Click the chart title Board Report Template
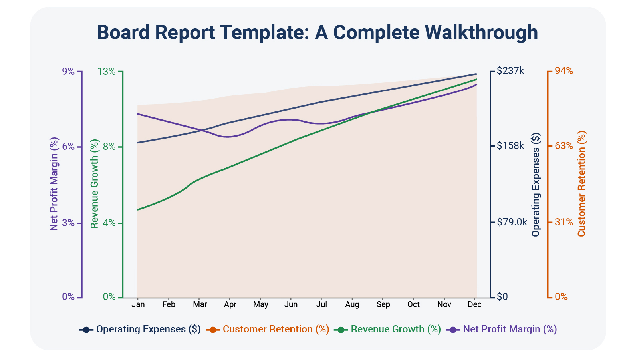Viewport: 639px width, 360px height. click(x=317, y=32)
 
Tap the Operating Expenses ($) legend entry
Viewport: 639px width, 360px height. click(x=141, y=329)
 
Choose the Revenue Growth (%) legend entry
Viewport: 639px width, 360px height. click(x=388, y=329)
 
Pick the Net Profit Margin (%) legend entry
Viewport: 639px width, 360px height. click(x=502, y=329)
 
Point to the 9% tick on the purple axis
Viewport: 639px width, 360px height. click(x=68, y=71)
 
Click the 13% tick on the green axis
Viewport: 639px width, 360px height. click(x=106, y=71)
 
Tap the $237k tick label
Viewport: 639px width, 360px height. click(x=510, y=71)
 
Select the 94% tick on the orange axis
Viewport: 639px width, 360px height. click(x=564, y=71)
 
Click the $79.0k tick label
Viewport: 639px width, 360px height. click(x=512, y=222)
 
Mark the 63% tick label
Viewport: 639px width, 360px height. click(x=564, y=146)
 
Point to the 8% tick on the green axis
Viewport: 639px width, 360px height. click(x=109, y=147)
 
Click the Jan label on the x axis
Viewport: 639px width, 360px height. click(x=138, y=304)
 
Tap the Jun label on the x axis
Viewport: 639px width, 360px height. click(x=291, y=304)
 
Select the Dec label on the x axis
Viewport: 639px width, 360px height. click(x=474, y=304)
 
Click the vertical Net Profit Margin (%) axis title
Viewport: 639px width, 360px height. click(x=54, y=184)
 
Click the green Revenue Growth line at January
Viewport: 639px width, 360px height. click(x=138, y=209)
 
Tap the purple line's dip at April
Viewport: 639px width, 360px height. click(x=228, y=137)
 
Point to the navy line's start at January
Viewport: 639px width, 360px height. click(x=138, y=142)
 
